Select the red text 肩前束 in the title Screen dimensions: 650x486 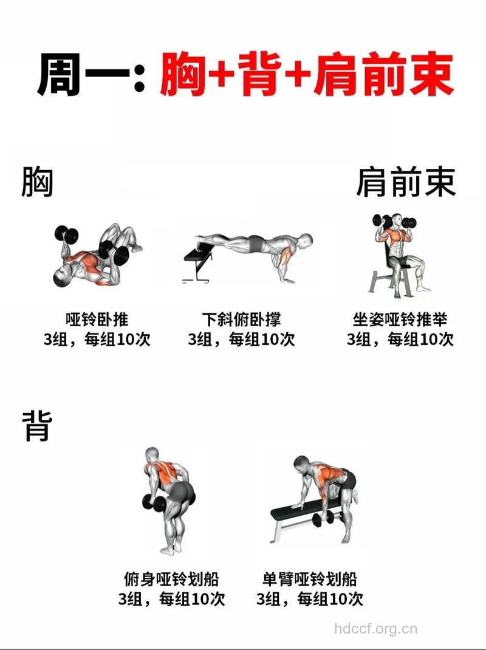coord(384,75)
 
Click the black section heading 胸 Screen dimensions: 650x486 coord(37,182)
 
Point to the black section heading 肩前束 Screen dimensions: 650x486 coord(405,182)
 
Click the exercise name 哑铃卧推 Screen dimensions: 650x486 coord(97,319)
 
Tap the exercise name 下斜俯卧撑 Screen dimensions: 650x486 coord(242,319)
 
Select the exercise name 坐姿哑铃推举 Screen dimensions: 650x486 coord(400,319)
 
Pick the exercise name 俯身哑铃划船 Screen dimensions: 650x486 coord(171,578)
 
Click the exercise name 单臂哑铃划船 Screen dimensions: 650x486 coord(310,578)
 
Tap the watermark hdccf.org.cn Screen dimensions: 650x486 coord(376,629)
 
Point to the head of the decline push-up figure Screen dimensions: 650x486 coord(306,242)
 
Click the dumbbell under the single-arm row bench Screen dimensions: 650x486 coord(322,519)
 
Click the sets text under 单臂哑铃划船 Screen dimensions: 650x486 coord(310,599)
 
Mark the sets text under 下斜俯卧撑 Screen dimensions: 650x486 coord(242,339)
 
